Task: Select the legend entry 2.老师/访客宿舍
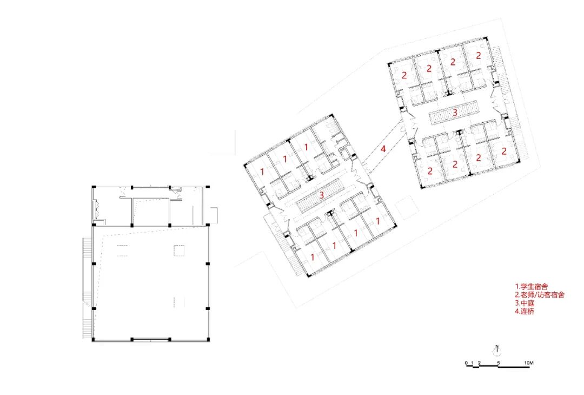[x=540, y=295]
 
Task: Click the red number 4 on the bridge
[x=383, y=148]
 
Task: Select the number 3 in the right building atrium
[x=455, y=113]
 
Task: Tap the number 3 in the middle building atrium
[x=322, y=195]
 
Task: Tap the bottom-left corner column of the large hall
[x=94, y=339]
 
